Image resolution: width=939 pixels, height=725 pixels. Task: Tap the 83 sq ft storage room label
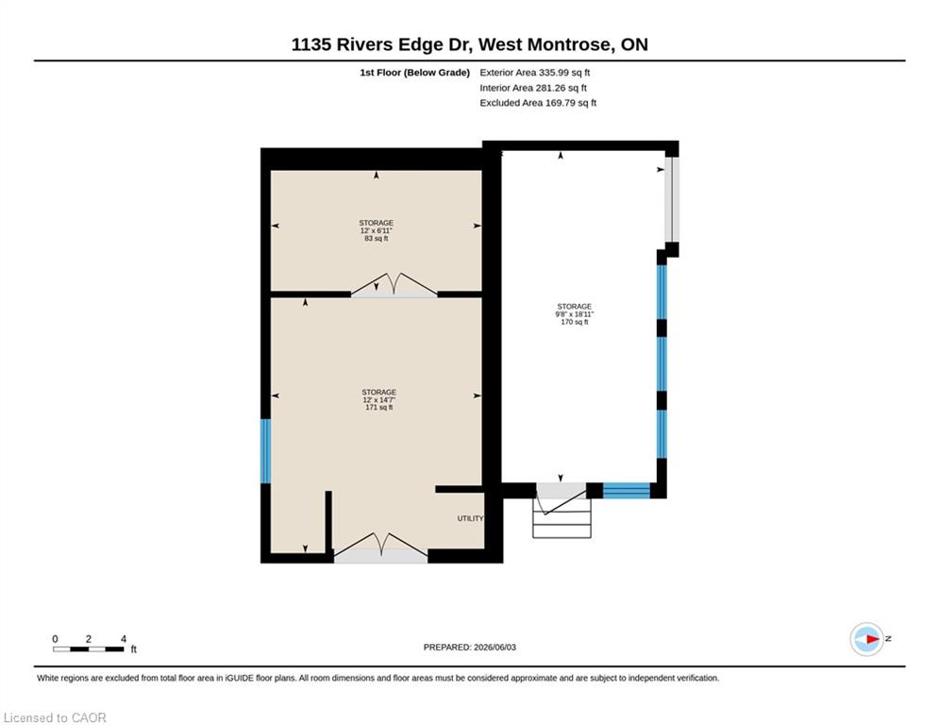[x=377, y=230]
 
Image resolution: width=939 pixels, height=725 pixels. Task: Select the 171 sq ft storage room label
[x=378, y=399]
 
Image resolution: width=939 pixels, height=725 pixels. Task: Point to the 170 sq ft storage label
[x=575, y=314]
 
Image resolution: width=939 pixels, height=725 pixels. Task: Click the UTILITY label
[x=471, y=518]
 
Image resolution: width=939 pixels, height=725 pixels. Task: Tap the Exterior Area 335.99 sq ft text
[x=535, y=73]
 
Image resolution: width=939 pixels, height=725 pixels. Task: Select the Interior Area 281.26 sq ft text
[x=533, y=88]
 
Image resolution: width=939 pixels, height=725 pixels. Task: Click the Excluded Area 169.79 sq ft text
[x=538, y=103]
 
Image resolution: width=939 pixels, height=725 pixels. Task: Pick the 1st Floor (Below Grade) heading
[x=414, y=73]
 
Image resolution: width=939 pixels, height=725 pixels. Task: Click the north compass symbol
[x=867, y=639]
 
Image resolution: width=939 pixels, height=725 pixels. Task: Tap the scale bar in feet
[x=89, y=649]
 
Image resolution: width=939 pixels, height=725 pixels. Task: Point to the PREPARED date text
[x=470, y=647]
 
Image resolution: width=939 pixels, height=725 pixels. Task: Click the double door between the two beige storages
[x=394, y=284]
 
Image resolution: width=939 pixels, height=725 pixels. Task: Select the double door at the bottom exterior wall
[x=380, y=548]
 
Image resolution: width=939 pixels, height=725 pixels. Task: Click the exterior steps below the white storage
[x=562, y=517]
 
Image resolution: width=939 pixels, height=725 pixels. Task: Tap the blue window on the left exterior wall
[x=265, y=450]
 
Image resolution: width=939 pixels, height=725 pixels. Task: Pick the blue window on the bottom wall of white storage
[x=627, y=491]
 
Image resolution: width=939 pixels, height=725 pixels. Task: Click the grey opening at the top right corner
[x=672, y=199]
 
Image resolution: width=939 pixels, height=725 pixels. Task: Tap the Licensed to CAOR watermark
[x=55, y=717]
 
